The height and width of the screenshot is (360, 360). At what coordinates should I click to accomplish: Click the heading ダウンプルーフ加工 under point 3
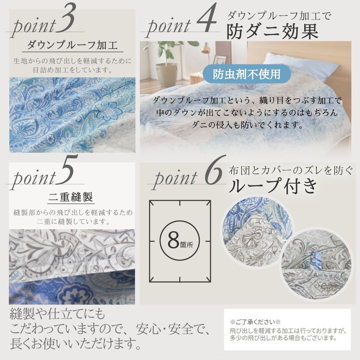pyautogui.click(x=72, y=46)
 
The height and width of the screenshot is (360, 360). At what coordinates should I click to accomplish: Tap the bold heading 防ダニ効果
pyautogui.click(x=272, y=32)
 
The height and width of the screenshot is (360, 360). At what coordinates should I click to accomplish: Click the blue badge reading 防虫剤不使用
pyautogui.click(x=247, y=74)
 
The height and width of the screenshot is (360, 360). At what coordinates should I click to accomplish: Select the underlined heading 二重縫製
pyautogui.click(x=71, y=197)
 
